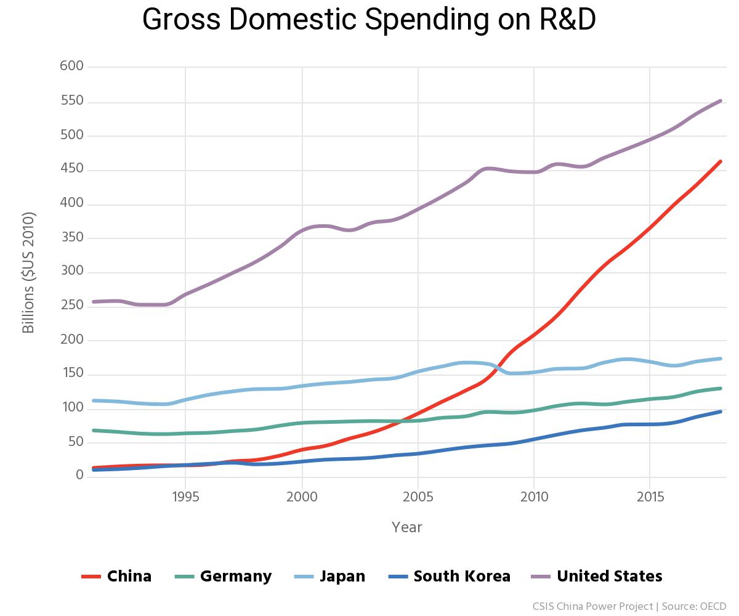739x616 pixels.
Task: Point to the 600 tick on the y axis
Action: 71,67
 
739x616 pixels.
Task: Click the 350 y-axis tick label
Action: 71,238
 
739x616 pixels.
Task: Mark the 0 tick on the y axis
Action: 79,476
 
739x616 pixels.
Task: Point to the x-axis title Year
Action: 407,527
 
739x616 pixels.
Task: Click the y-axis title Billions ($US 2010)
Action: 28,272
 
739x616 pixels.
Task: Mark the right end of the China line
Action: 721,161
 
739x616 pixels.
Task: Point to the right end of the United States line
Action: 721,100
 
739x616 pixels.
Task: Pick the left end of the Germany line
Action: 93,430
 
